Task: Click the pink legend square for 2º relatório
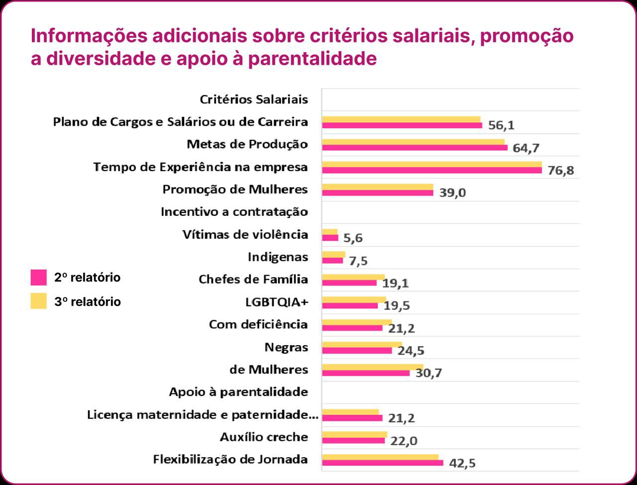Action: [x=38, y=278]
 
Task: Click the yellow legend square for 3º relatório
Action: [x=38, y=301]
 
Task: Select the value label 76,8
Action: [x=560, y=171]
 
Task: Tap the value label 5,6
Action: [x=353, y=238]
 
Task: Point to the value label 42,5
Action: [x=462, y=463]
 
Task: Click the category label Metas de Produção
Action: [x=247, y=144]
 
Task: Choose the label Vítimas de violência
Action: [x=245, y=234]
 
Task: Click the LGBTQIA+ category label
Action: [x=274, y=302]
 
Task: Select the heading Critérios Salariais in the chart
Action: [x=254, y=99]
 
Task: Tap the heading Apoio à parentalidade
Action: [x=238, y=392]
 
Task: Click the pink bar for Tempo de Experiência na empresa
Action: [x=431, y=171]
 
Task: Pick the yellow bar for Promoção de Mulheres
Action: [x=377, y=187]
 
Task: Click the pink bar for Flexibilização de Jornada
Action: [x=382, y=463]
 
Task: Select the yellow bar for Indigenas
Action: [x=333, y=254]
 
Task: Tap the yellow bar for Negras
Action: [x=362, y=344]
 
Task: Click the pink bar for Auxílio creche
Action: [x=353, y=441]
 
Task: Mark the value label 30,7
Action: [x=428, y=373]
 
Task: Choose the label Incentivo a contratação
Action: [x=234, y=212]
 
